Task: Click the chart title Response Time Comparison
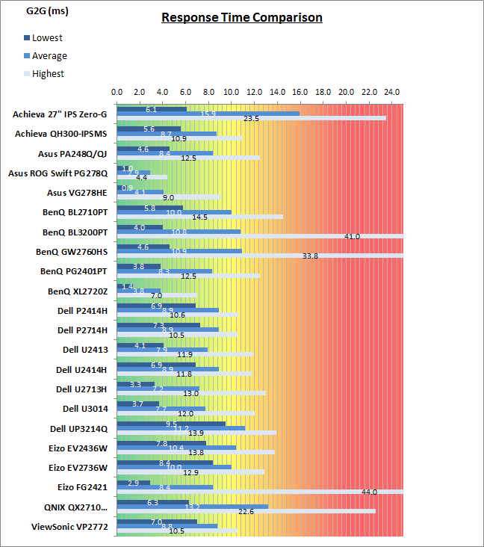[242, 17]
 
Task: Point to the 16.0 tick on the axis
[300, 92]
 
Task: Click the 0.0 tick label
[117, 92]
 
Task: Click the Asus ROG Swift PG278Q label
[58, 173]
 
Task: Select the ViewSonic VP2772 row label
[68, 525]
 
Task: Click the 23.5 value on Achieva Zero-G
[251, 118]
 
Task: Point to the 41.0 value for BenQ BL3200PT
[352, 236]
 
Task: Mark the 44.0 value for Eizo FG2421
[369, 492]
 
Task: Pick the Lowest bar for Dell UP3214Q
[171, 424]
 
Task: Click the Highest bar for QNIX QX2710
[246, 511]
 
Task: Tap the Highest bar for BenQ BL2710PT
[199, 217]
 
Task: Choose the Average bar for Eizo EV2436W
[176, 448]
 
